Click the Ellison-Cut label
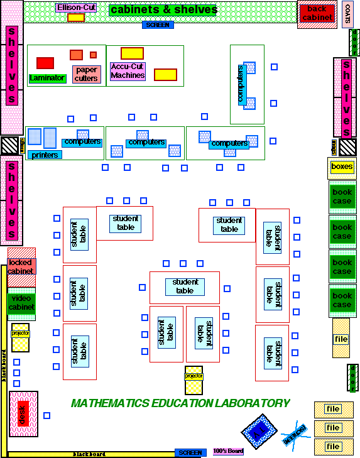(76, 8)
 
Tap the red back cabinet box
(317, 13)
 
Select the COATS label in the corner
(347, 13)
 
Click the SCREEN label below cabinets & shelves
(158, 25)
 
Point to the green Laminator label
(47, 78)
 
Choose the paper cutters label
(86, 74)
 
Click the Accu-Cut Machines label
(128, 71)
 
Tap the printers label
(45, 155)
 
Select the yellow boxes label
(342, 166)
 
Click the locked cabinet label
(22, 266)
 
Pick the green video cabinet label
(22, 303)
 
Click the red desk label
(23, 414)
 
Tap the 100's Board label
(228, 451)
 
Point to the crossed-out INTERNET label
(295, 433)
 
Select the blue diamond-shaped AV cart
(259, 431)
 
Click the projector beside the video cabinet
(21, 337)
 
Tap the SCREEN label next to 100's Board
(190, 452)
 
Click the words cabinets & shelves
(163, 10)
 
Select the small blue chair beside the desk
(46, 415)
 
